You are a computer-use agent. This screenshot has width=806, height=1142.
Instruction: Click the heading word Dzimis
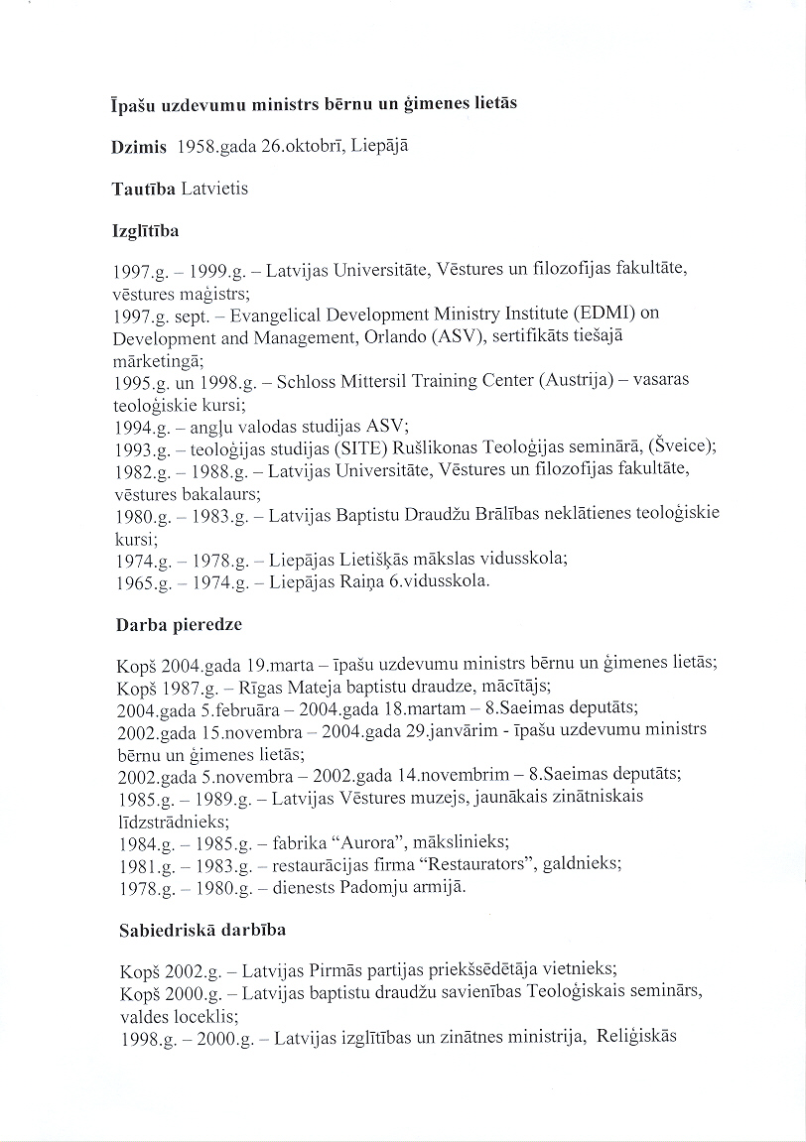pos(138,146)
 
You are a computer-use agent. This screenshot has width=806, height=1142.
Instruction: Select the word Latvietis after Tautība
pos(210,189)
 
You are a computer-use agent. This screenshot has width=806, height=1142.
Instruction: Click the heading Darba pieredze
pos(179,625)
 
